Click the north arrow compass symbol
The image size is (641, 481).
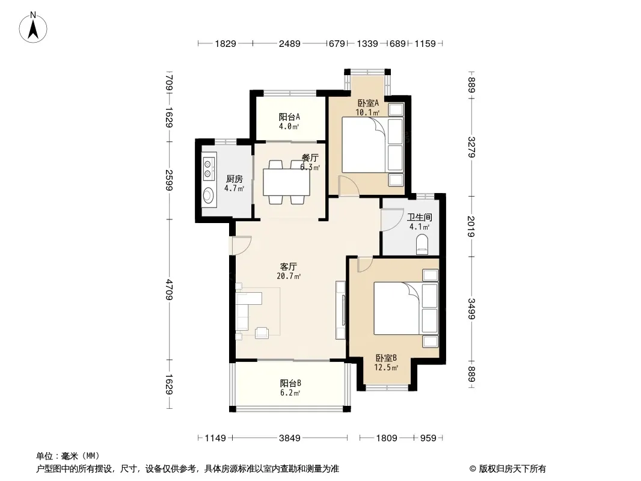[33, 28]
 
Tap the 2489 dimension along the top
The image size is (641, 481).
[289, 43]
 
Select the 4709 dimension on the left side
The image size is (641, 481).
[170, 289]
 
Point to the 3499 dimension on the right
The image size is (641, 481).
[471, 309]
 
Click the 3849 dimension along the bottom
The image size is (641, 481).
[289, 438]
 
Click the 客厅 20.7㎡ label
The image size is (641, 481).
[289, 271]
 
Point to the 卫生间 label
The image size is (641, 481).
[420, 217]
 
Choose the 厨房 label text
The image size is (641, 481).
[235, 179]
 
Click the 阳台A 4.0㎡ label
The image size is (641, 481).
[289, 121]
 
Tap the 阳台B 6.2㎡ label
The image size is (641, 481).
[290, 388]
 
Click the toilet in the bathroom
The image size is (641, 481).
[422, 244]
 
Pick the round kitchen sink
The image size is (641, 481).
[209, 195]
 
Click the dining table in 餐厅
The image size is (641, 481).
[286, 182]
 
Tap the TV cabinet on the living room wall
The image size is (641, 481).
[340, 310]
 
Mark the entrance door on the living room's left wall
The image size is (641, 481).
[241, 245]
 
